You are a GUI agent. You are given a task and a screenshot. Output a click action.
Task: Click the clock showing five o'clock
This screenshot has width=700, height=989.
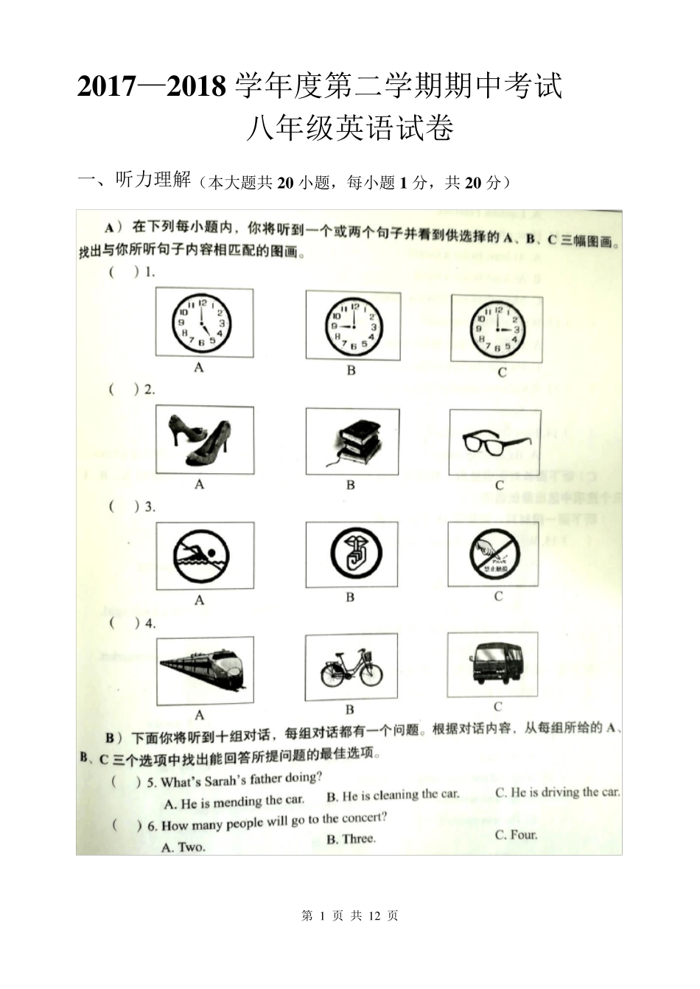pyautogui.click(x=202, y=323)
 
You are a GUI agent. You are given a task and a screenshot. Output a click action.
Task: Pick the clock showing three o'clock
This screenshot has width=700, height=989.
pyautogui.click(x=497, y=329)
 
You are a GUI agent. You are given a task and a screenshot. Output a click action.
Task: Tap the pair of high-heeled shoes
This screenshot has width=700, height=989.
pyautogui.click(x=200, y=440)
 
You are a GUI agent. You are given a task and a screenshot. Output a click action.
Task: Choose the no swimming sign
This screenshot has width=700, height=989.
pyautogui.click(x=201, y=556)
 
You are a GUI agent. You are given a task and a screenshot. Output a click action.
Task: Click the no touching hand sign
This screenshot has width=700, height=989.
pyautogui.click(x=494, y=554)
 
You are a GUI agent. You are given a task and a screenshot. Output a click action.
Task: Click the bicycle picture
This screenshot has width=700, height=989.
pyautogui.click(x=351, y=669)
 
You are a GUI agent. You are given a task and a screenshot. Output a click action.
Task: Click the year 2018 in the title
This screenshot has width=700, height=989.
pyautogui.click(x=197, y=86)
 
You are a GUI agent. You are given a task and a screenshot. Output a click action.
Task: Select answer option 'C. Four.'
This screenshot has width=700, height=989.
pyautogui.click(x=517, y=834)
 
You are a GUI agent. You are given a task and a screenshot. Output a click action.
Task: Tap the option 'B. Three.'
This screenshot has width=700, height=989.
pyautogui.click(x=351, y=839)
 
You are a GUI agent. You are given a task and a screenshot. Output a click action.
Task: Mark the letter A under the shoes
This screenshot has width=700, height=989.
pyautogui.click(x=199, y=484)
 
